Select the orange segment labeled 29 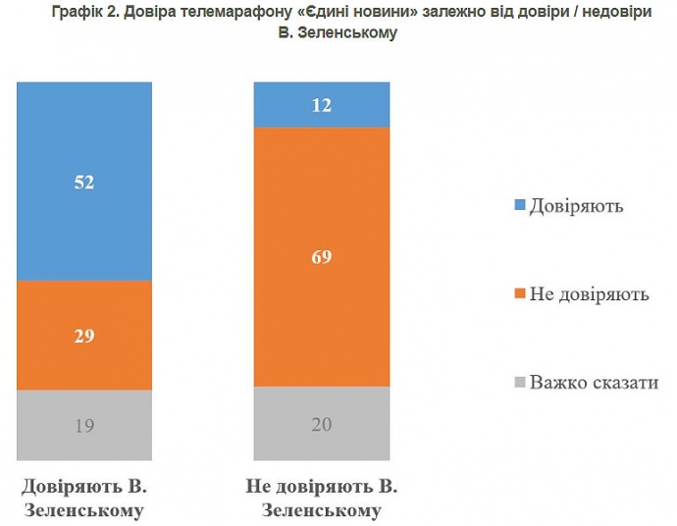(84, 353)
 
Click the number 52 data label (84, 182)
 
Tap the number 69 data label (322, 258)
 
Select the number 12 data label (322, 105)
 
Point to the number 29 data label (84, 336)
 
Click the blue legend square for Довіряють (519, 206)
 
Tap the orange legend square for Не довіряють (519, 293)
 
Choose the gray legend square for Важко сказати (519, 382)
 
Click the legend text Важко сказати (594, 382)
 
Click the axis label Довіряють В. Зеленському (84, 499)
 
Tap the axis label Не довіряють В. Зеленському (322, 499)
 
